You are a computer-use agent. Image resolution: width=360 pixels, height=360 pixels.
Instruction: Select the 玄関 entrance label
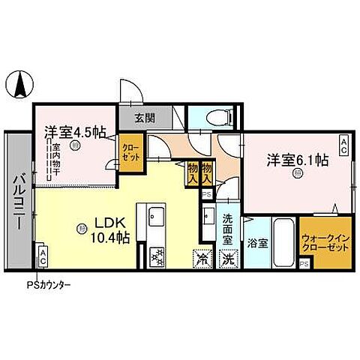pyautogui.click(x=145, y=118)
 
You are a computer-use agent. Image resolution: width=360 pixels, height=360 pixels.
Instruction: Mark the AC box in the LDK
pyautogui.click(x=43, y=257)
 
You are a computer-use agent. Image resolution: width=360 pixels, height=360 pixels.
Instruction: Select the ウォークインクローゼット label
pyautogui.click(x=323, y=242)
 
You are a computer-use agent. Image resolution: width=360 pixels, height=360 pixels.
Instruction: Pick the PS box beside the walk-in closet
pyautogui.click(x=304, y=264)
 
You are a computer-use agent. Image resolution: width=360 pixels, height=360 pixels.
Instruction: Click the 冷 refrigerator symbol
pyautogui.click(x=202, y=258)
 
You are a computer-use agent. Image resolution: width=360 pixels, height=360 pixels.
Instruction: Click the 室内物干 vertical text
pyautogui.click(x=55, y=162)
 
